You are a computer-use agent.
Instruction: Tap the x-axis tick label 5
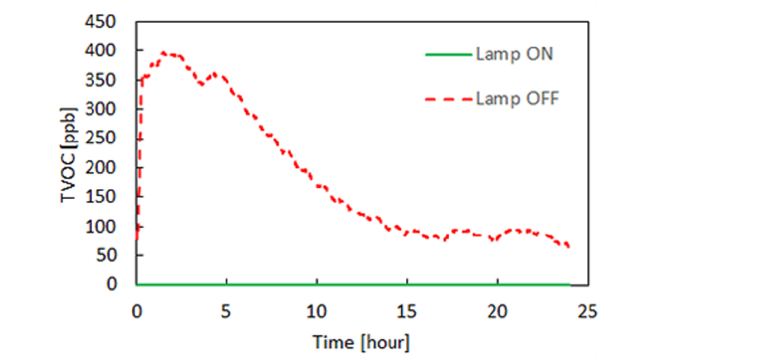[226, 310]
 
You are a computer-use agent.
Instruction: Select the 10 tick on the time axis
[317, 310]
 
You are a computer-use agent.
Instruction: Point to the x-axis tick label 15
[407, 310]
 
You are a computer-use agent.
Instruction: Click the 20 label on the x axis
[497, 310]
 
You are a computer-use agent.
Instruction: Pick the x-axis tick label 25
[587, 310]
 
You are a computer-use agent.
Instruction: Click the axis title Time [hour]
[361, 343]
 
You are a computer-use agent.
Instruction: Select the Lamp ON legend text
[515, 55]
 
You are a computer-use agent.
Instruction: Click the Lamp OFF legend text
[517, 99]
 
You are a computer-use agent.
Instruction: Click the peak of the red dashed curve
[164, 53]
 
